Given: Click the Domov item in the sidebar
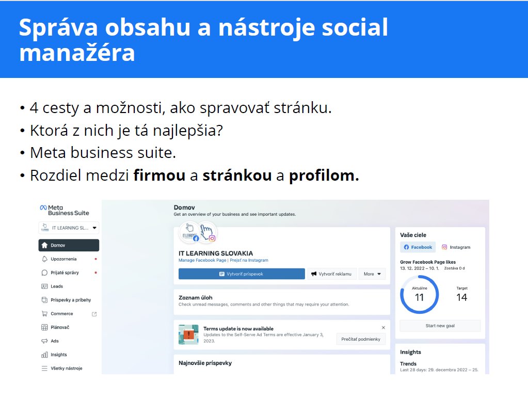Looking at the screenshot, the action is click(69, 245).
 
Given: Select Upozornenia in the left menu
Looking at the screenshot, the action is click(63, 259).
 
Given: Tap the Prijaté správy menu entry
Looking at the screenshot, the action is click(65, 273).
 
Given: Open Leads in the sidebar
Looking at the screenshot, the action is click(57, 286).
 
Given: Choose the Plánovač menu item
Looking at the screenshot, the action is click(59, 327).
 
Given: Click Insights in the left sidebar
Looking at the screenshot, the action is click(59, 355).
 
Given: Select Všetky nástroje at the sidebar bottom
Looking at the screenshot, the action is click(67, 369).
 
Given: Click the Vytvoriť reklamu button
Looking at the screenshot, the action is click(332, 274).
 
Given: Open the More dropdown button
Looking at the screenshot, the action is click(372, 274).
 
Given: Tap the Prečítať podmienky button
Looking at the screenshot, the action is click(361, 339).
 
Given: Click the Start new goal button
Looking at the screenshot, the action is click(440, 326).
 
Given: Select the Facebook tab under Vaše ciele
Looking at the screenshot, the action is click(418, 247).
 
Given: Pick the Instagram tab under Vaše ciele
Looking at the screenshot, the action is click(456, 247).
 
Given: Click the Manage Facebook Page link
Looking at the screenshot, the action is click(202, 260).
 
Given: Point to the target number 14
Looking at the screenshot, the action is click(461, 297).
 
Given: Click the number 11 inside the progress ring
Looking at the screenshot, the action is click(419, 297).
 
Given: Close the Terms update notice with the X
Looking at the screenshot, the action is click(383, 328).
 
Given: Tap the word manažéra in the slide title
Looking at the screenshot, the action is click(77, 53).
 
